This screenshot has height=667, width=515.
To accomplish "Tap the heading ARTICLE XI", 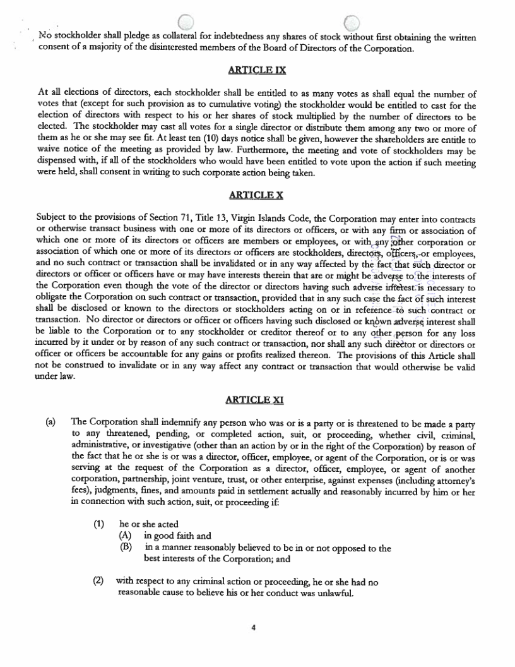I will tap(257, 399).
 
